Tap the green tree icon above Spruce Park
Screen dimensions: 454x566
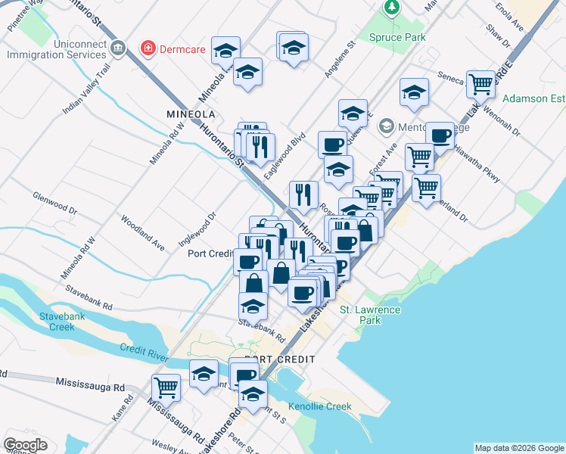[391, 8]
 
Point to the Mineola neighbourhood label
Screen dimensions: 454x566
[191, 113]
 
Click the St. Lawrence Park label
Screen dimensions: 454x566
[369, 315]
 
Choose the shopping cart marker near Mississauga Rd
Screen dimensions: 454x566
[166, 388]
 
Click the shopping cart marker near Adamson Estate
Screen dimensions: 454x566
[480, 85]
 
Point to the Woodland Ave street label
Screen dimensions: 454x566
[143, 233]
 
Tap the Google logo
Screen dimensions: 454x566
[25, 445]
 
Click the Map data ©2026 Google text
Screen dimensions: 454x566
[518, 448]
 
